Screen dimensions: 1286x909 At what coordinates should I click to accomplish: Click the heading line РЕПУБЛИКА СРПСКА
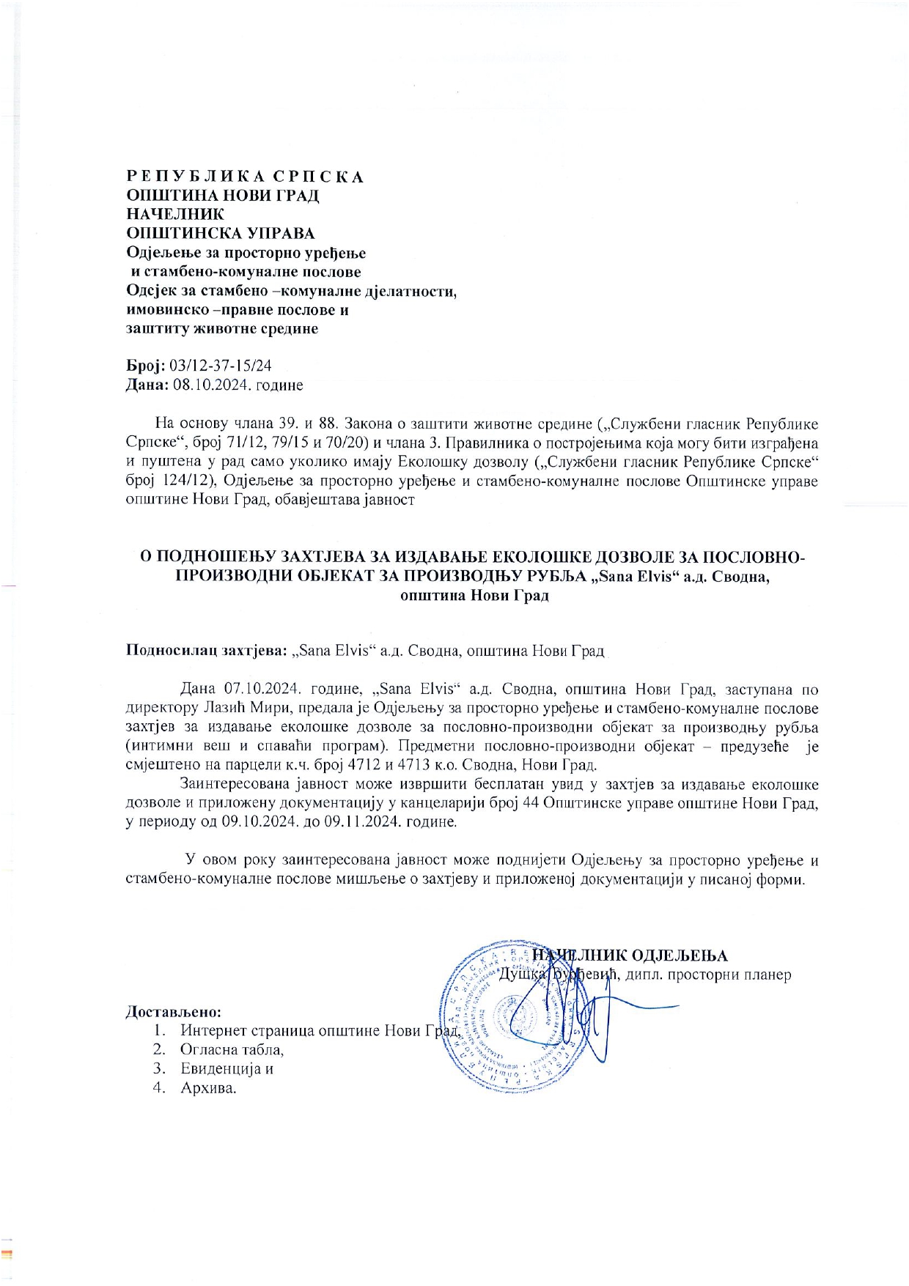tap(245, 177)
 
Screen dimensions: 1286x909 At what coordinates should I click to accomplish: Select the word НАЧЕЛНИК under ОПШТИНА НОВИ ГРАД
tap(175, 215)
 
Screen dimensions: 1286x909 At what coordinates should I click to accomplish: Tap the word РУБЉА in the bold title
tap(557, 576)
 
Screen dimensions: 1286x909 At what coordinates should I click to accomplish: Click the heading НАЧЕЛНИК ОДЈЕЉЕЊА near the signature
tap(630, 956)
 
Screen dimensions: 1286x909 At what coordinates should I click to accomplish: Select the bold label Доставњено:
tap(174, 1012)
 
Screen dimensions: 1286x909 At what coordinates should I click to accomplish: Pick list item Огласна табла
tap(232, 1049)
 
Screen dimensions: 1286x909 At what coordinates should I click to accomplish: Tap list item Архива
tap(208, 1087)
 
